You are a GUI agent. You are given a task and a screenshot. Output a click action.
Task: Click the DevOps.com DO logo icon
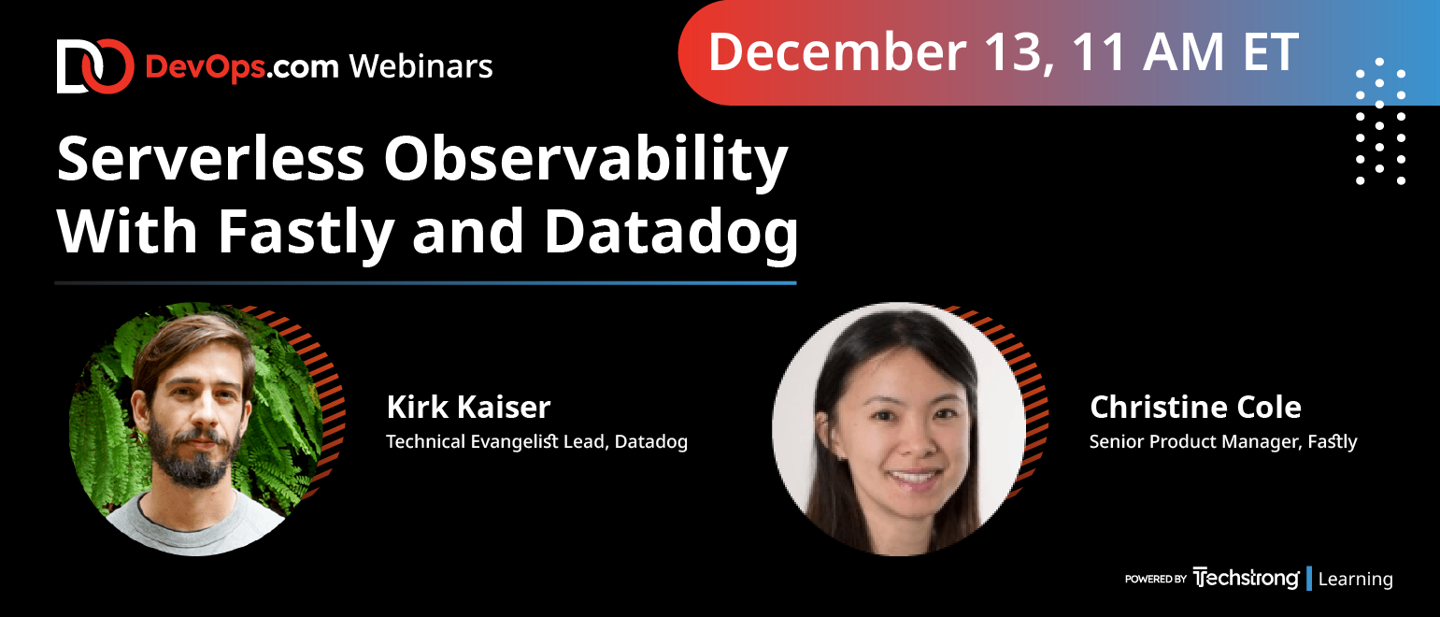(x=95, y=66)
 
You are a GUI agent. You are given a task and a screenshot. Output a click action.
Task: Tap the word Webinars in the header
(x=421, y=66)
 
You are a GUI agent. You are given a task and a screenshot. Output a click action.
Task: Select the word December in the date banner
(x=837, y=52)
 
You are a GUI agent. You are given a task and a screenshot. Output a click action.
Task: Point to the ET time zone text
(x=1270, y=52)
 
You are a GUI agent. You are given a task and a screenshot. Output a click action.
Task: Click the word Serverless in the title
(x=211, y=159)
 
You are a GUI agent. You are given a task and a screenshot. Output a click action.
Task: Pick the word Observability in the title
(x=586, y=161)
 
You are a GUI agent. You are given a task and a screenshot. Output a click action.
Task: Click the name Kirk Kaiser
(x=469, y=408)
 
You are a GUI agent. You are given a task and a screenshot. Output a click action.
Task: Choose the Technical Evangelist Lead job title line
(x=536, y=442)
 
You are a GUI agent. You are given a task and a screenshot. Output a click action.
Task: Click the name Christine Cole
(x=1195, y=408)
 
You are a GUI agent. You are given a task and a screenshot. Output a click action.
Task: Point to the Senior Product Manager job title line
(x=1222, y=442)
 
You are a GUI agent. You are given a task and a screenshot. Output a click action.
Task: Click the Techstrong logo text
(x=1246, y=579)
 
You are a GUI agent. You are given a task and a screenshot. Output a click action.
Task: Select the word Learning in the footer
(x=1355, y=579)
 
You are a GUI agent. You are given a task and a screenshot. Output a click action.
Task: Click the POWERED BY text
(x=1155, y=579)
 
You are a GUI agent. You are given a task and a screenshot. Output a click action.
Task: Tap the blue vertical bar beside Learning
(x=1309, y=579)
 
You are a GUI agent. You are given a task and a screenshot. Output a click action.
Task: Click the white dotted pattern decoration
(x=1380, y=121)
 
